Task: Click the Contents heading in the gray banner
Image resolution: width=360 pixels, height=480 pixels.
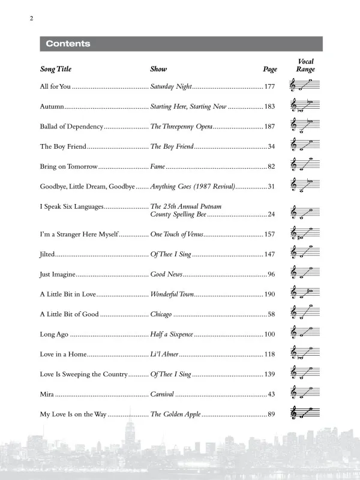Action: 68,44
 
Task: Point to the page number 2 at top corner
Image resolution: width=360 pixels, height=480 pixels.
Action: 30,19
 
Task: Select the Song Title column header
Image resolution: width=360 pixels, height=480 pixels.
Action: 55,70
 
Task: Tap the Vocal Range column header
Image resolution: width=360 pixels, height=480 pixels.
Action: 305,65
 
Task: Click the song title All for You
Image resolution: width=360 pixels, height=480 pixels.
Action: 55,87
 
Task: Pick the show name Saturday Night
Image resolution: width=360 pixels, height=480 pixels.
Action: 171,87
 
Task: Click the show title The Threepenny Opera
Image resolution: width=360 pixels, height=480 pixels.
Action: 181,127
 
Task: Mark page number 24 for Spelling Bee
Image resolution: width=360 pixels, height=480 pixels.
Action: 271,214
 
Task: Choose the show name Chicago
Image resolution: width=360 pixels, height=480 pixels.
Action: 161,314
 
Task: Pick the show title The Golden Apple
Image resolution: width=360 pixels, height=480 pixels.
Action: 175,414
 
